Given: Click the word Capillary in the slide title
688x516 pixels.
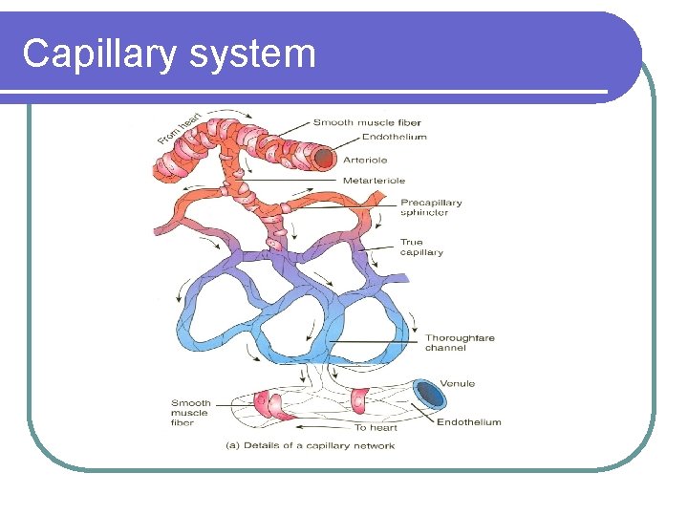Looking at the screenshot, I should pos(99,54).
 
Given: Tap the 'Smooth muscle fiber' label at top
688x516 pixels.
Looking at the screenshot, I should pos(367,122).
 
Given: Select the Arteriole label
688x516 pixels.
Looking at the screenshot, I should pos(365,159).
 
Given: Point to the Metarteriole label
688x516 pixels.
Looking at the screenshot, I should pos(374,180).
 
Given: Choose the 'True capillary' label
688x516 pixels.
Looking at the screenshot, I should pos(421,247).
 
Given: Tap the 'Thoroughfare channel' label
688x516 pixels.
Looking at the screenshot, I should pos(460,343).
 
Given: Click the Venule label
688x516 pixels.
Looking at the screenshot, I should pos(458,384).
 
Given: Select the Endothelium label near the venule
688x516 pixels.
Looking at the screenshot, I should pos(468,422).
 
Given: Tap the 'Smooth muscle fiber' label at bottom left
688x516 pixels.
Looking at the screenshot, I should pos(191,413).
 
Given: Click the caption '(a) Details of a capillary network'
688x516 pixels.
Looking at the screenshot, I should pos(310,445).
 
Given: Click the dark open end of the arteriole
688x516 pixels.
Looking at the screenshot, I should pos(326,157).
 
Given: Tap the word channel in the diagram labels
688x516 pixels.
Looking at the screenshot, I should pos(445,349).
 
